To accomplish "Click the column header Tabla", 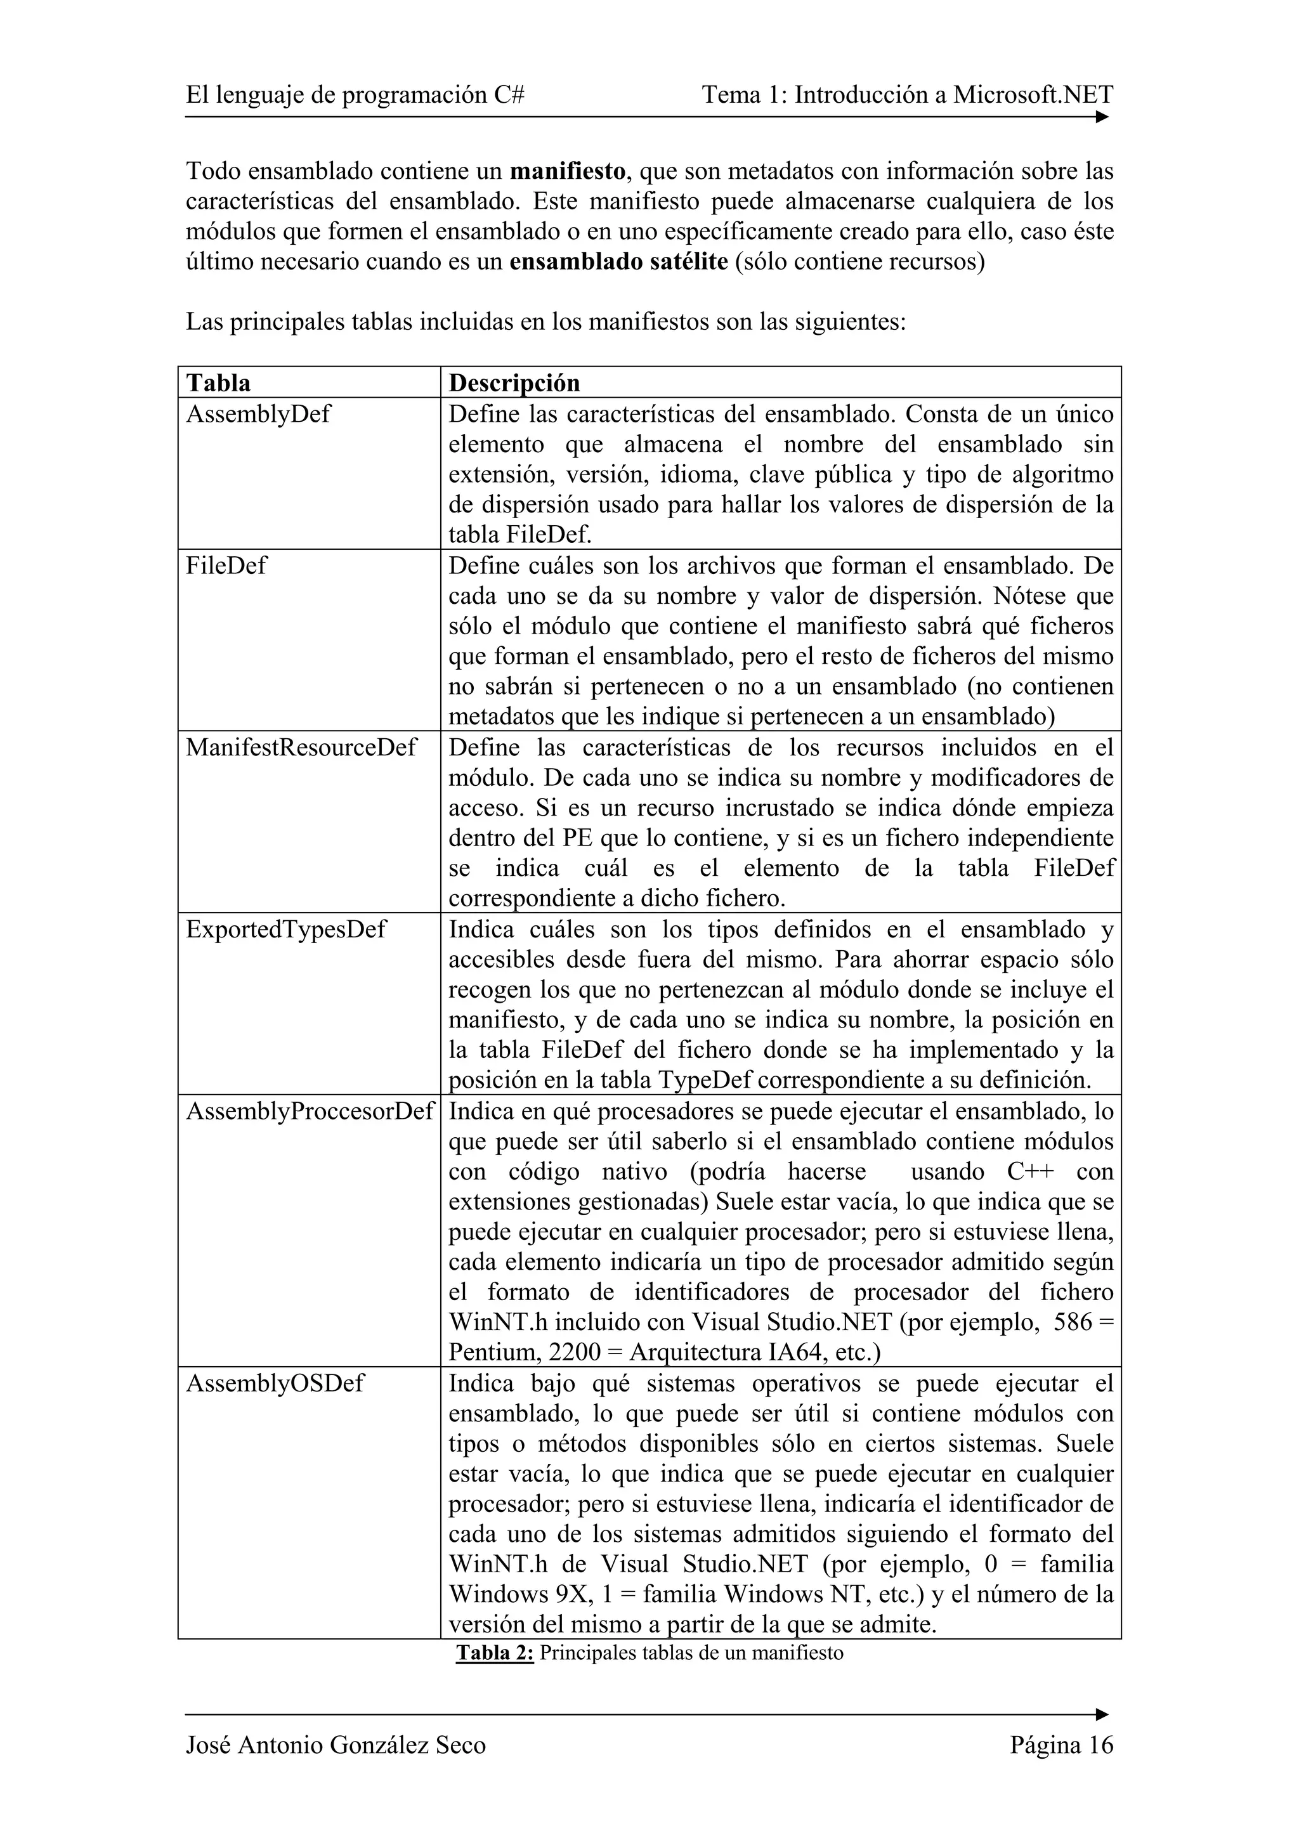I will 218,382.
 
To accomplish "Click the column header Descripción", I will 514,382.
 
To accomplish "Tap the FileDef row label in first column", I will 226,565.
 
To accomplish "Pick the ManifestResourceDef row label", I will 301,747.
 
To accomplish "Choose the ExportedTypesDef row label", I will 285,929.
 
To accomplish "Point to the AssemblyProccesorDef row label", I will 309,1111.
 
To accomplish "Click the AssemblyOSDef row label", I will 275,1383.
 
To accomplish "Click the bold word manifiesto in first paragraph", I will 568,171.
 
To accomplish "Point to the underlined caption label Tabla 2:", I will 495,1653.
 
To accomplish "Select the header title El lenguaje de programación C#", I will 355,95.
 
